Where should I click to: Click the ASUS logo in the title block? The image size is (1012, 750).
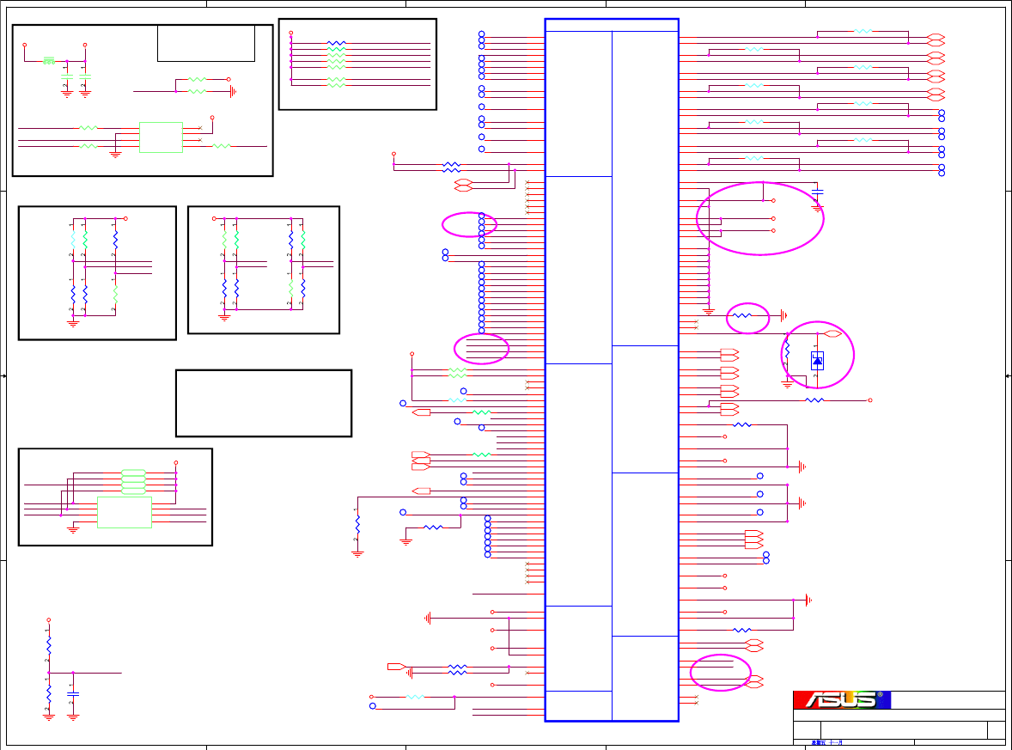(841, 699)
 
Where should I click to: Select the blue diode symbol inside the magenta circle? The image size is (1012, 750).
(817, 361)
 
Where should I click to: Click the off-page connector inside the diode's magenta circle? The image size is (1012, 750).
(832, 333)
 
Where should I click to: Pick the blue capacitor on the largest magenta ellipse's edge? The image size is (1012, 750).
(817, 190)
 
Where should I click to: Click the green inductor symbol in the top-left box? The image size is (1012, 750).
(49, 60)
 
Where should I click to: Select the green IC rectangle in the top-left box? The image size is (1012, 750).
(161, 137)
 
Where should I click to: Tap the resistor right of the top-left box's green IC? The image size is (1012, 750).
(221, 147)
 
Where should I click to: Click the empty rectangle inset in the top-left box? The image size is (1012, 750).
(206, 43)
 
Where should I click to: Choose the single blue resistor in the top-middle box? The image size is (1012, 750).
(337, 42)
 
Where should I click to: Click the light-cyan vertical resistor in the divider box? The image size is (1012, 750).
(73, 240)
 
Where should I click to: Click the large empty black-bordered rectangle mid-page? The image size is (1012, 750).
(264, 403)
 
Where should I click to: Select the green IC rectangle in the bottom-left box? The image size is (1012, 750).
(125, 512)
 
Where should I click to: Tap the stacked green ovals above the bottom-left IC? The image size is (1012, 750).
(133, 480)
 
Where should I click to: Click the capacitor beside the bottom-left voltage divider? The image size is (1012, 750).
(73, 693)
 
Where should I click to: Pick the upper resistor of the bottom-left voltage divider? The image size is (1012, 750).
(49, 644)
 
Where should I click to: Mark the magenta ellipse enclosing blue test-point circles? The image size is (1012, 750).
(469, 224)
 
